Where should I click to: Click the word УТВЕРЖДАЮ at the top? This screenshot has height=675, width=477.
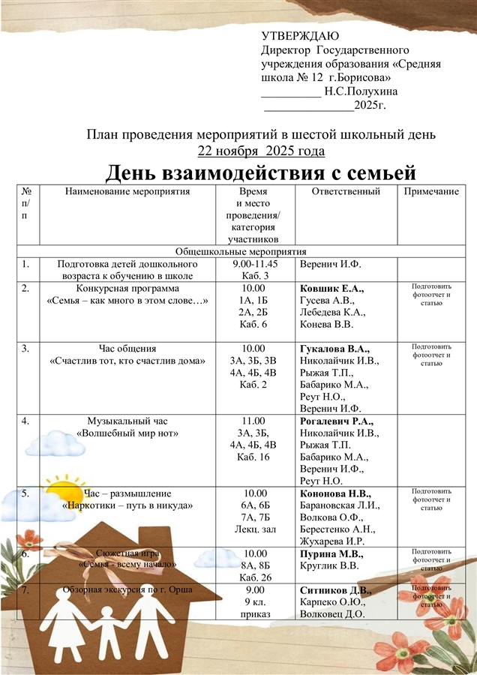point(300,37)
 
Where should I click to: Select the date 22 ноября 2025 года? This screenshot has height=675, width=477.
point(261,151)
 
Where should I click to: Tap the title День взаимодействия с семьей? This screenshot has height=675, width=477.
point(259,174)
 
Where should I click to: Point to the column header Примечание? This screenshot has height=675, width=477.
point(431,192)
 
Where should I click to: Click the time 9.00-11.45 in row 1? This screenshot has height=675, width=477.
point(255,264)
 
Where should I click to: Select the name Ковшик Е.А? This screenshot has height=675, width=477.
point(331,289)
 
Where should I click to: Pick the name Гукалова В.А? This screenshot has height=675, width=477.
point(335,349)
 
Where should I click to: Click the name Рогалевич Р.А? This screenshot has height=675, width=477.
point(336,421)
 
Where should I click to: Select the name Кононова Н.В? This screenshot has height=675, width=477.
point(335,493)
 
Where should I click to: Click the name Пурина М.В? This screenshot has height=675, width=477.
point(331,554)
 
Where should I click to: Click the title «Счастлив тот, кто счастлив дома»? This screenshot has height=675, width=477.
point(127,361)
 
